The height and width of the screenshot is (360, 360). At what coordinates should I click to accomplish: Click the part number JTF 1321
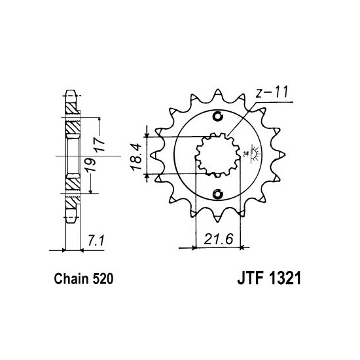tap(269, 279)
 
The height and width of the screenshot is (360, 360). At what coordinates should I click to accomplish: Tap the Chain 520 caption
tap(84, 279)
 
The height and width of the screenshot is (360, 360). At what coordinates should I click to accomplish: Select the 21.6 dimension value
tap(219, 239)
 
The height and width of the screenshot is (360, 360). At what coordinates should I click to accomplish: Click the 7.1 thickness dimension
tap(96, 241)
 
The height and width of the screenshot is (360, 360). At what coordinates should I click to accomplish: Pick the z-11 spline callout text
tap(272, 92)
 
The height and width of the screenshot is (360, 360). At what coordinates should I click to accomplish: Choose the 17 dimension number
tap(99, 144)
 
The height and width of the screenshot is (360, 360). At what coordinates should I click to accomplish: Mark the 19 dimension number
tap(90, 164)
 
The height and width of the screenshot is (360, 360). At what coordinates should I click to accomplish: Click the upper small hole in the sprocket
tap(217, 117)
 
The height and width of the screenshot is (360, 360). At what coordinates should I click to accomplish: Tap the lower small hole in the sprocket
tap(217, 194)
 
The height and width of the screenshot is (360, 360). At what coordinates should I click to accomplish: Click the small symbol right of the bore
tap(252, 154)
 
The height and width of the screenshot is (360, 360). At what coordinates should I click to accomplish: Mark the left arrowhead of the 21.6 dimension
tap(194, 247)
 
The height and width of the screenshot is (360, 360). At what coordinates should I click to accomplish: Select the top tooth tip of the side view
tap(71, 91)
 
